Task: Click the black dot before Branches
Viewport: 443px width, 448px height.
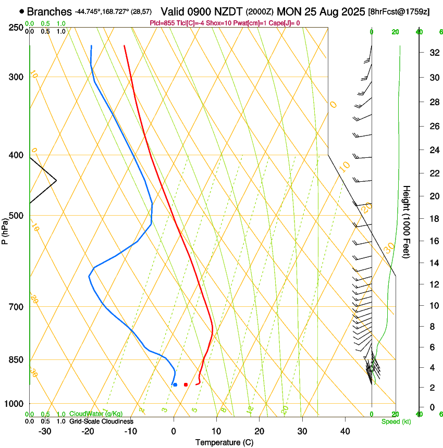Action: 21,11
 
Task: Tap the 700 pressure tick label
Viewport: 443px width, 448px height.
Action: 16,307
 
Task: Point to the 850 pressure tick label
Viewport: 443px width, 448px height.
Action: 16,360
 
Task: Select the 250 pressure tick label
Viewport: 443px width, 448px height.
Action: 16,27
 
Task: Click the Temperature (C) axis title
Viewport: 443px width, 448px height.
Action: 225,442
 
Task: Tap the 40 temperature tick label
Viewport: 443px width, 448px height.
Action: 344,431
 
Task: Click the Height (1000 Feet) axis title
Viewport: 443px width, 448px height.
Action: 407,222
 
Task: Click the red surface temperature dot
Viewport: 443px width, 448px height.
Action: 186,384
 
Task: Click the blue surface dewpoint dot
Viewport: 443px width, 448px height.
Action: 175,384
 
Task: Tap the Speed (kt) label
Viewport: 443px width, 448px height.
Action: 396,421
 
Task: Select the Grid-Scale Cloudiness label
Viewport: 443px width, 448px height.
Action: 101,421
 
